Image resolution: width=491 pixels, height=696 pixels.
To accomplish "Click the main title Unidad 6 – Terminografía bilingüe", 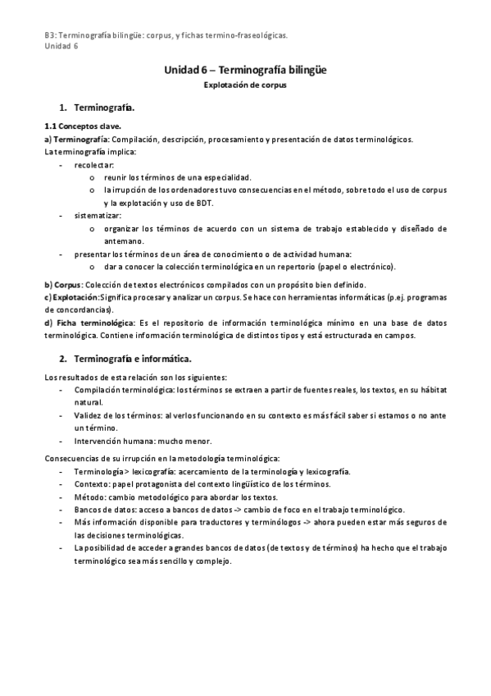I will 245,71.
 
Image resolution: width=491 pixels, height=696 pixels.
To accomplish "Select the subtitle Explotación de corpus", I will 245,85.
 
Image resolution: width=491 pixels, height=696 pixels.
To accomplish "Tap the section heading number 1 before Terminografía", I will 62,108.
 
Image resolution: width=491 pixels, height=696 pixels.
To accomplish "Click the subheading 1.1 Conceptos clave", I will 82,127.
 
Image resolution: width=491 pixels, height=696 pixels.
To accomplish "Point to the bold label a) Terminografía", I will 76,140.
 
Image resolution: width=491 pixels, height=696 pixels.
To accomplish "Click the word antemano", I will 124,240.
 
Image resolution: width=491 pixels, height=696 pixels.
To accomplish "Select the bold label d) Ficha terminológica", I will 79,323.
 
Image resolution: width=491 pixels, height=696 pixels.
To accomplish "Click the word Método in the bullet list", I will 89,497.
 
